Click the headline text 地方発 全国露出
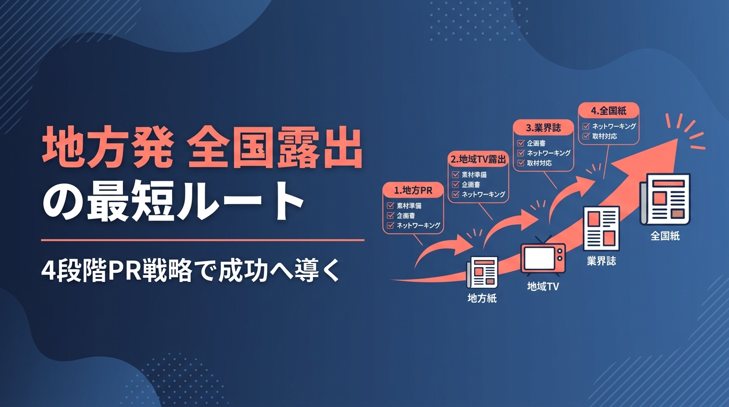click(x=202, y=149)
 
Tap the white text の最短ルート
click(x=173, y=200)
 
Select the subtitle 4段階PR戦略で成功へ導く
click(x=190, y=270)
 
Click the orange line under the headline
click(x=202, y=240)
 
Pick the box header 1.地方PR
click(x=413, y=190)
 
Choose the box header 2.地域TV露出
click(x=478, y=159)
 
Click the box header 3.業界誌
click(x=543, y=128)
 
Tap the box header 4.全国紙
click(x=609, y=111)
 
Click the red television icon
click(x=543, y=255)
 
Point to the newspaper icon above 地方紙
click(x=482, y=272)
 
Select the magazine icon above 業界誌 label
click(x=601, y=228)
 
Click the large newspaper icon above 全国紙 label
click(x=665, y=199)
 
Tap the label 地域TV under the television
click(x=543, y=286)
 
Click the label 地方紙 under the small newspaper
click(x=482, y=298)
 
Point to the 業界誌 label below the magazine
click(x=601, y=261)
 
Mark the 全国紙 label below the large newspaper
click(x=665, y=236)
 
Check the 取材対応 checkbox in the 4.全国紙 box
click(x=586, y=136)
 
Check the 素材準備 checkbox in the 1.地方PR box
click(x=390, y=206)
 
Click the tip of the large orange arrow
click(x=678, y=138)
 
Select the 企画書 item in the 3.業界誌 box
click(x=536, y=143)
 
